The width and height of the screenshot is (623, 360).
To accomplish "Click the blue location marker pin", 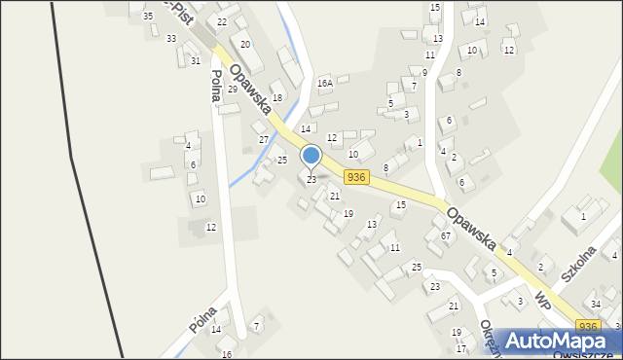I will (311, 157).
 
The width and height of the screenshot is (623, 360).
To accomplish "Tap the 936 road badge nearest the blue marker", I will (356, 176).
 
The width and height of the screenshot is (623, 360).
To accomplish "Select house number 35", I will (148, 17).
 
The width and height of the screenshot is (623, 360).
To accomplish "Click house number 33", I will (171, 38).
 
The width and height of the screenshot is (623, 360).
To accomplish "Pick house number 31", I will (196, 60).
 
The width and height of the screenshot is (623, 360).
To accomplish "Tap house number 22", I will (222, 21).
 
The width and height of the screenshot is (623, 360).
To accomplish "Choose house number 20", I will (246, 44).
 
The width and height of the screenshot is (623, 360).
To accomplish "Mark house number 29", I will (233, 89).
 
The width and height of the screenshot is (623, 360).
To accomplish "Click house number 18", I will (277, 97).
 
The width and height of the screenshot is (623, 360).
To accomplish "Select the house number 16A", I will (325, 84).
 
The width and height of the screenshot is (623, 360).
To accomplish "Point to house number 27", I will (263, 139).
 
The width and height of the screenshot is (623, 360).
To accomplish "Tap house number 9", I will (424, 72).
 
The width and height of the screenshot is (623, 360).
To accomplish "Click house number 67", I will (445, 235).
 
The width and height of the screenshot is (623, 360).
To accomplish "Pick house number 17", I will (461, 348).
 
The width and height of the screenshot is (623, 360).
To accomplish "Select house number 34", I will (596, 304).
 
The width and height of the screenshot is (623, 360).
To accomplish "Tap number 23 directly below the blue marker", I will (311, 179).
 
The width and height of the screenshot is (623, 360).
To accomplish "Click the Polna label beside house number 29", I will (217, 89).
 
